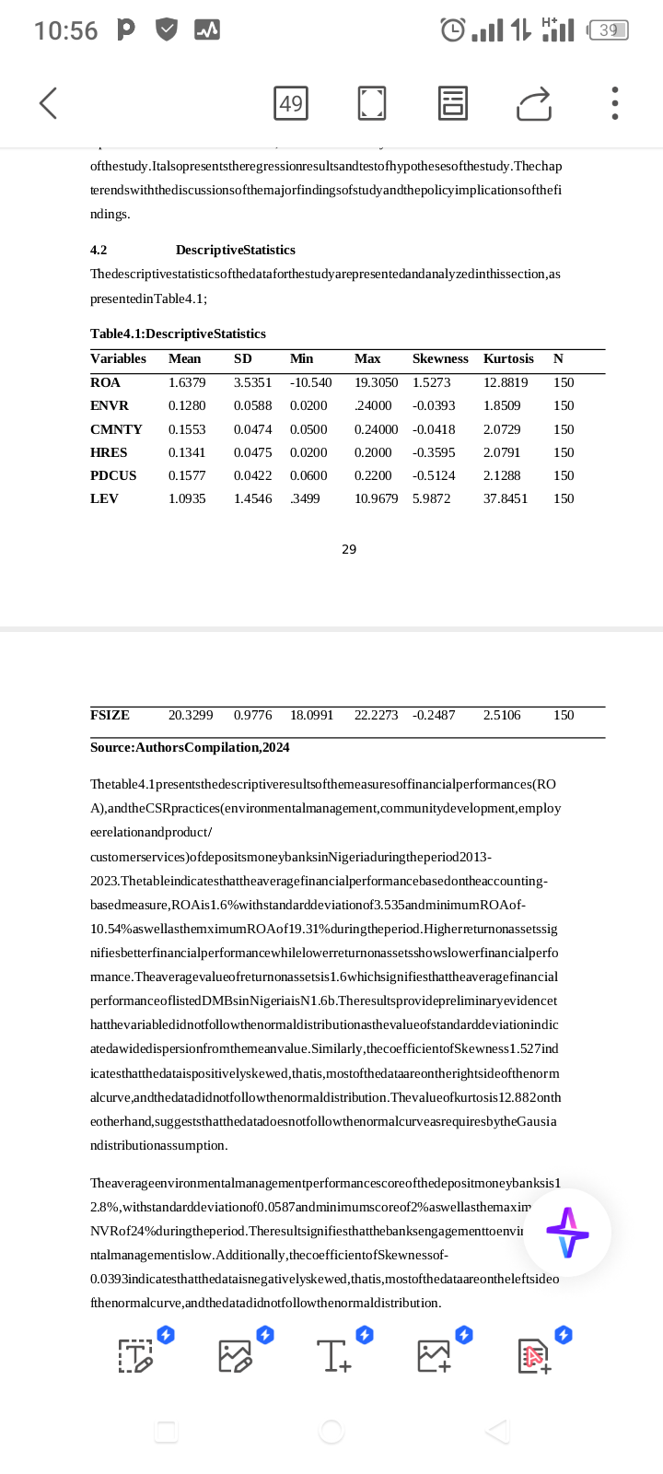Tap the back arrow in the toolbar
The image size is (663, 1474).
[x=49, y=103]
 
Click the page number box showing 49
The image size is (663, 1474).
[x=291, y=103]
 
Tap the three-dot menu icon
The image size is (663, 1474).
[x=614, y=103]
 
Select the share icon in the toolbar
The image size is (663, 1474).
[x=533, y=103]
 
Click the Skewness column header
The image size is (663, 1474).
[x=440, y=358]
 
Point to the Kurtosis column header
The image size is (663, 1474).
[x=508, y=358]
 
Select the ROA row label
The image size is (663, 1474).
[x=105, y=382]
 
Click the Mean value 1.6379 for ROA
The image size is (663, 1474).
[x=187, y=382]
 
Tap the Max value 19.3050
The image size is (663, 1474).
[x=376, y=382]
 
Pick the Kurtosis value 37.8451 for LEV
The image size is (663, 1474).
[x=506, y=498]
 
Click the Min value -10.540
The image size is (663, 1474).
[x=310, y=382]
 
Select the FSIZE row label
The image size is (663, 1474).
[x=110, y=715]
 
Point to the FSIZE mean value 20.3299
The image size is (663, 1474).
[x=191, y=715]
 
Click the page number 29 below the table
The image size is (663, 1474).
[x=349, y=549]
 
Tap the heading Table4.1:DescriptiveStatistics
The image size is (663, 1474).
[x=178, y=333]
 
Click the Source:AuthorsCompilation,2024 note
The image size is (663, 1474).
[x=190, y=747]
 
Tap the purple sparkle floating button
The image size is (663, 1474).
[x=567, y=1233]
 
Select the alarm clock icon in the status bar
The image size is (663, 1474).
[x=453, y=30]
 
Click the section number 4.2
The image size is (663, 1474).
[x=99, y=250]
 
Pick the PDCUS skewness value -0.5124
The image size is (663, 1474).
[x=434, y=475]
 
